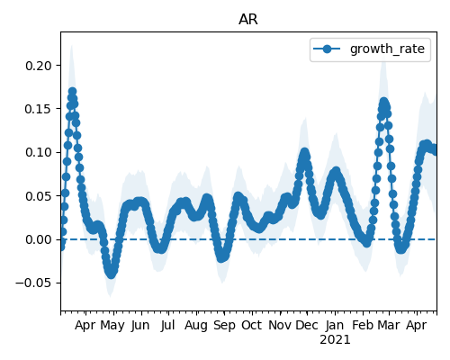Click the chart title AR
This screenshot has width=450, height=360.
(x=248, y=20)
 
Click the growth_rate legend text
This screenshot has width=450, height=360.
(x=387, y=49)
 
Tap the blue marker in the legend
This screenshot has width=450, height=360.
(x=327, y=49)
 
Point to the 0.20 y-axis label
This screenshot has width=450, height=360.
(x=39, y=66)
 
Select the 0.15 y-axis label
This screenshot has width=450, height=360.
(x=39, y=109)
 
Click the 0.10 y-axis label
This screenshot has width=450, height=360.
(x=39, y=152)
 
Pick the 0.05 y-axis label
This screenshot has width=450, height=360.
(x=39, y=196)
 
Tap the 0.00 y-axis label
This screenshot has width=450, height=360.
(x=39, y=239)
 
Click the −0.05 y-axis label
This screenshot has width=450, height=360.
(x=34, y=283)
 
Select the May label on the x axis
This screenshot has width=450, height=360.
(x=112, y=326)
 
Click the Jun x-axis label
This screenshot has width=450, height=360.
(x=140, y=326)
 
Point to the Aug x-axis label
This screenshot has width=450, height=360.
(x=196, y=326)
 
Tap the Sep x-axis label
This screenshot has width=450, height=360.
(x=224, y=326)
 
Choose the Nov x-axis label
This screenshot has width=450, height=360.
(x=280, y=326)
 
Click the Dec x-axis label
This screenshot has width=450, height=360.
(x=307, y=326)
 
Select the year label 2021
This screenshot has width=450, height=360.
(x=335, y=340)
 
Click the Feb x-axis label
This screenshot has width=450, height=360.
(x=363, y=326)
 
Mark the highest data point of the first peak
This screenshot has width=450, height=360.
(x=72, y=92)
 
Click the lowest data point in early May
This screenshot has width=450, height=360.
(x=111, y=274)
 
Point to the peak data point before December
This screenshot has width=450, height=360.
(x=305, y=152)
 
